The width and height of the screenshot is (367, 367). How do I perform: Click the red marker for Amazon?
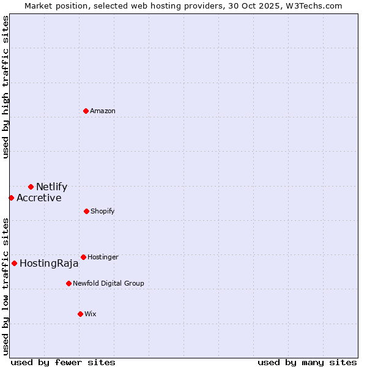coord(86,111)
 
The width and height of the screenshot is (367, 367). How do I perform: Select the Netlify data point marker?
coord(31,187)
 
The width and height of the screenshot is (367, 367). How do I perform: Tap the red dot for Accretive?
coord(11,198)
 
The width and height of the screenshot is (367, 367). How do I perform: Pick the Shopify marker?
coord(86,211)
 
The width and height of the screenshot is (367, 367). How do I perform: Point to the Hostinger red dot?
coord(83,257)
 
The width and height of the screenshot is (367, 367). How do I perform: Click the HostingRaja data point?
coord(14,263)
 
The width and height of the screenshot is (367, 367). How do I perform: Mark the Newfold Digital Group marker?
coord(69,283)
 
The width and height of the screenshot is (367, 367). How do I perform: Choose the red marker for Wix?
coord(80,314)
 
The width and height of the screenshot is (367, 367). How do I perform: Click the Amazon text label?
coord(103,111)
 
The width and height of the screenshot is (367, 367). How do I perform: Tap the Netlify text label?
coord(51,187)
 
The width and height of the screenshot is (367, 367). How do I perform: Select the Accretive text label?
coord(39,198)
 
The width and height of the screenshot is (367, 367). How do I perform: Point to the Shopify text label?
coord(103,211)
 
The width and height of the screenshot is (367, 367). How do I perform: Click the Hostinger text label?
coord(103,257)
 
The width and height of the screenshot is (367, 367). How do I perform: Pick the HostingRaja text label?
coord(49,264)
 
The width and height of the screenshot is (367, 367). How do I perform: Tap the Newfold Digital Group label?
coord(108,283)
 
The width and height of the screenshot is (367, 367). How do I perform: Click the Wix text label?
coord(91,314)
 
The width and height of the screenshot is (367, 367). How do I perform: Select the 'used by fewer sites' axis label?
coord(63,362)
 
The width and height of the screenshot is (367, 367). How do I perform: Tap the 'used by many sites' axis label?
coord(307,362)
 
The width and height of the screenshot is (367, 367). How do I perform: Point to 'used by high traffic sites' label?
coord(6,87)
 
